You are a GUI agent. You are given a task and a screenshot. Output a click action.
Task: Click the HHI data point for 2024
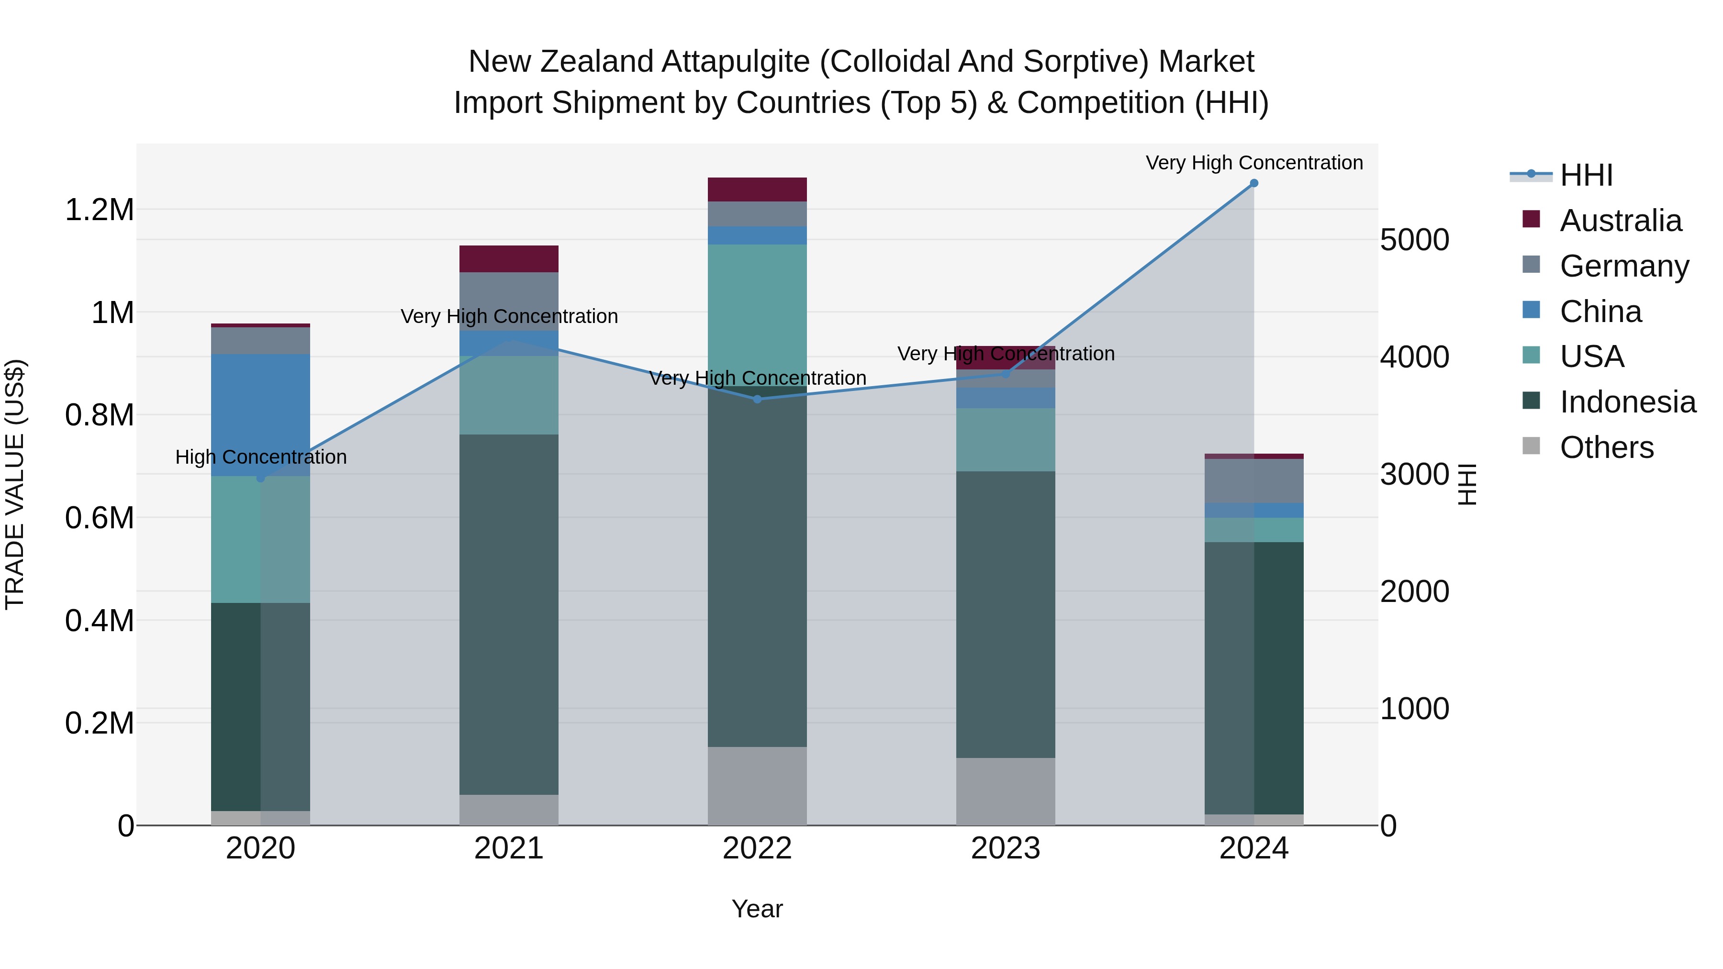(1254, 183)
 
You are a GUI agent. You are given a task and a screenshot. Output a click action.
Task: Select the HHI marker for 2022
(757, 399)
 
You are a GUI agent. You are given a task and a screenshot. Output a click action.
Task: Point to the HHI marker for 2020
(261, 478)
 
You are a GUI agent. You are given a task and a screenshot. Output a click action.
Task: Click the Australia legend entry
(1620, 221)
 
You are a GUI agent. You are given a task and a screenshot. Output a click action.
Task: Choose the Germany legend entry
(1624, 266)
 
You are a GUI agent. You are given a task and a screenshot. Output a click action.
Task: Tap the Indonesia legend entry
(1627, 402)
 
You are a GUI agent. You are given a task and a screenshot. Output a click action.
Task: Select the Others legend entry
(1607, 447)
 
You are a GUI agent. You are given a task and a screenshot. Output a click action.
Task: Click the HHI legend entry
(1586, 175)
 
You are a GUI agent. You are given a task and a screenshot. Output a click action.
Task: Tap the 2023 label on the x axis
(1005, 848)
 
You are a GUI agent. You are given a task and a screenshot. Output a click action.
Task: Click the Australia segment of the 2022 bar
(757, 189)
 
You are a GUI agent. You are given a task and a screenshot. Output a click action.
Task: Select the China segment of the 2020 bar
(261, 414)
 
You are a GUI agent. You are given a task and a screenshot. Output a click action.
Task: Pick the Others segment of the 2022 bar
(757, 786)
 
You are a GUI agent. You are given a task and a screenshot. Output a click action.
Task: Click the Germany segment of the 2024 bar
(1254, 481)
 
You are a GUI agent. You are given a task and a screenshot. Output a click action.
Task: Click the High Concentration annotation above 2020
(261, 457)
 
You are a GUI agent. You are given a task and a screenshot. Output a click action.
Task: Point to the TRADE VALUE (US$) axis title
(15, 484)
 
